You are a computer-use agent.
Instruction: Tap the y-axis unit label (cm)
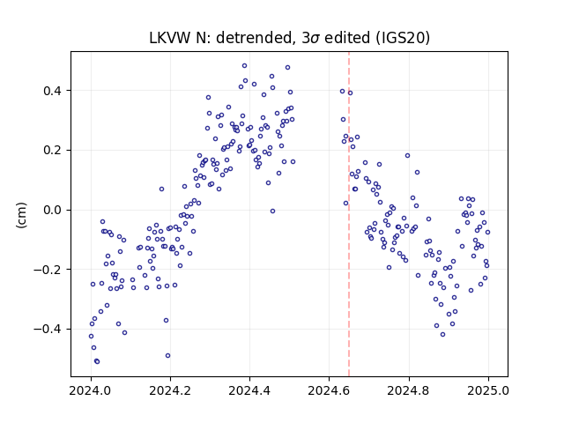21,215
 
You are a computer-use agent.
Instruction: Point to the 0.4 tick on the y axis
53,91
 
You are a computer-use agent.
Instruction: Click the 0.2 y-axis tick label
53,151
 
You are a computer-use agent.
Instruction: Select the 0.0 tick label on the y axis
53,210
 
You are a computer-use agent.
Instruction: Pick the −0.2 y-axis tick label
48,270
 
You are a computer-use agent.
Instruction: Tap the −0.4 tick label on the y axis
48,329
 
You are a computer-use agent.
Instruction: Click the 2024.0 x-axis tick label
91,390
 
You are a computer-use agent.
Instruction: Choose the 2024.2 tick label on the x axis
170,390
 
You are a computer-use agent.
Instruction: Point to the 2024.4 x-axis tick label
249,390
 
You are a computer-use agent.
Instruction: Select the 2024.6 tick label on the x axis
329,390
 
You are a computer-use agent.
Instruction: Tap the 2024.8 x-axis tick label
409,390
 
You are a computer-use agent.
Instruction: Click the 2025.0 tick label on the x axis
488,390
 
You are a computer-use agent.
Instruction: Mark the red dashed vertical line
349,214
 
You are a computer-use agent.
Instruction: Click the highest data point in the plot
245,66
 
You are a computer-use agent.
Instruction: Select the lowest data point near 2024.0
97,361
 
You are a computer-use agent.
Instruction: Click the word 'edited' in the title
347,38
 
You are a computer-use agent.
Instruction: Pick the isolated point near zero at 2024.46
272,211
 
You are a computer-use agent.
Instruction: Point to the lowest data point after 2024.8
442,335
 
